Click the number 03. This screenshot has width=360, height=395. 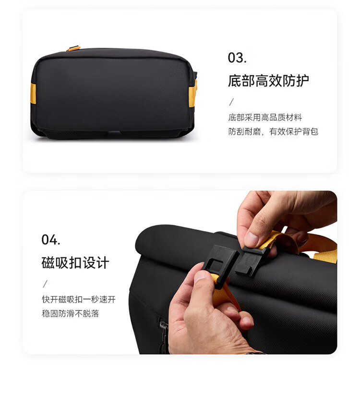tap(237, 58)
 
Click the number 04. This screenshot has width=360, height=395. tap(51, 240)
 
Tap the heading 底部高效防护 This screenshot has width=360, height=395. tap(268, 81)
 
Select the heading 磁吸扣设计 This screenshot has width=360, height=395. tap(75, 263)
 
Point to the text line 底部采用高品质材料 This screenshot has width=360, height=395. tap(265, 117)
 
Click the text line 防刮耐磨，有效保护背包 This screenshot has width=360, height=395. tap(273, 131)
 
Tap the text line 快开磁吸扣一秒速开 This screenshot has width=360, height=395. tap(79, 299)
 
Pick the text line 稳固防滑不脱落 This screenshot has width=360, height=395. tap(70, 313)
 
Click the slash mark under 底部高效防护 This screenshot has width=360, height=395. tap(231, 102)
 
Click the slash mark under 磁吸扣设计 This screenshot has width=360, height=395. tap(45, 284)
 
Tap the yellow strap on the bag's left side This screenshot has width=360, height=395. tap(33, 93)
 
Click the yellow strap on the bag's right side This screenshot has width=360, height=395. tap(193, 93)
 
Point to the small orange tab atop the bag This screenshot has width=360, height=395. tap(73, 48)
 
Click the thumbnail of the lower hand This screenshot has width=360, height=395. tap(201, 276)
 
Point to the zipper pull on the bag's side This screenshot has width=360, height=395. tap(163, 326)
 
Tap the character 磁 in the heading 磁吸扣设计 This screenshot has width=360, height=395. tap(48, 263)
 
